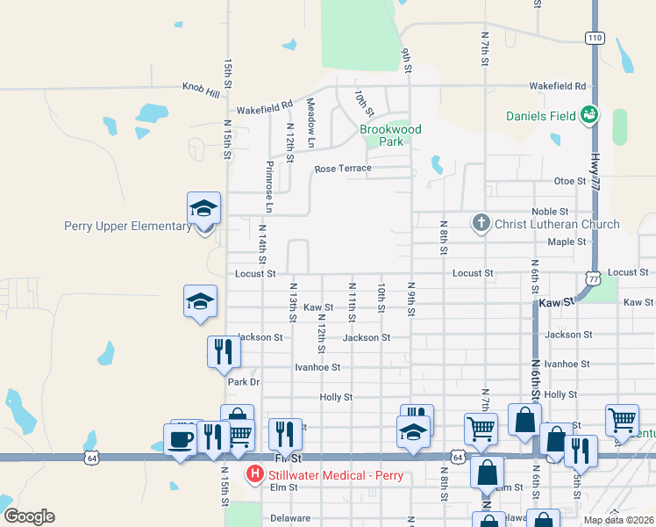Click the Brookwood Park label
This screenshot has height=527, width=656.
(390, 135)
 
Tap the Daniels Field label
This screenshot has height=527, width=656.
(541, 116)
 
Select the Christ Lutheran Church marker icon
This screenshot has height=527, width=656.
(481, 223)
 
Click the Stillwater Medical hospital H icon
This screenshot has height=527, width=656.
(254, 475)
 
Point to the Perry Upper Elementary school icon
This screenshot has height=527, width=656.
(203, 209)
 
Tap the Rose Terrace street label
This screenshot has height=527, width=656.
(343, 168)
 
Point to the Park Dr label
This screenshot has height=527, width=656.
(244, 382)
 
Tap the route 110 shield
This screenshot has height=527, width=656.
(595, 38)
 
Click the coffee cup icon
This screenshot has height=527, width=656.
(181, 438)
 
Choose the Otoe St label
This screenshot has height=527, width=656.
(569, 181)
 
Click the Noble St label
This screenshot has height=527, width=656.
(551, 212)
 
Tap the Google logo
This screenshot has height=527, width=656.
(28, 516)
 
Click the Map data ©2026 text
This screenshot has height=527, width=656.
(618, 520)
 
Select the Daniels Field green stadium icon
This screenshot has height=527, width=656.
(589, 115)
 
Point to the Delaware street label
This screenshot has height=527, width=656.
(290, 518)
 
